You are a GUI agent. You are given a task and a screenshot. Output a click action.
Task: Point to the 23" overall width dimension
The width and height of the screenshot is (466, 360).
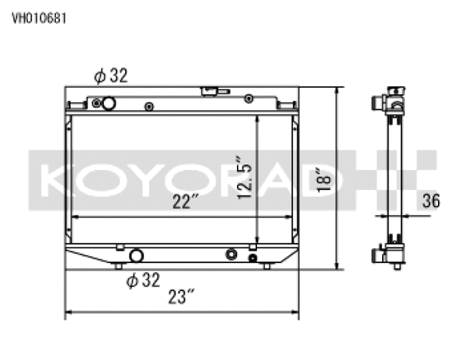(x=180, y=296)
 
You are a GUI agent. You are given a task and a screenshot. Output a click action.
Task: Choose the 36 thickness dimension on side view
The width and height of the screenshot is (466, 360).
(x=431, y=201)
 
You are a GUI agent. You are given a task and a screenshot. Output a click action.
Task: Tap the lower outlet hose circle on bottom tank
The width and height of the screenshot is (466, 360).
(x=137, y=255)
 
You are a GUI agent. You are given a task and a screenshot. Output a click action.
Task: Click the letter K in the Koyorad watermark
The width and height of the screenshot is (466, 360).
(x=55, y=179)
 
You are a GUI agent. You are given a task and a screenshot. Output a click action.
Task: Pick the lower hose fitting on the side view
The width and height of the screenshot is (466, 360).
(x=381, y=253)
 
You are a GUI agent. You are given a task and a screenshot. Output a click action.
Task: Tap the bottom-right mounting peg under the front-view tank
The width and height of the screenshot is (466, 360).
(x=267, y=266)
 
